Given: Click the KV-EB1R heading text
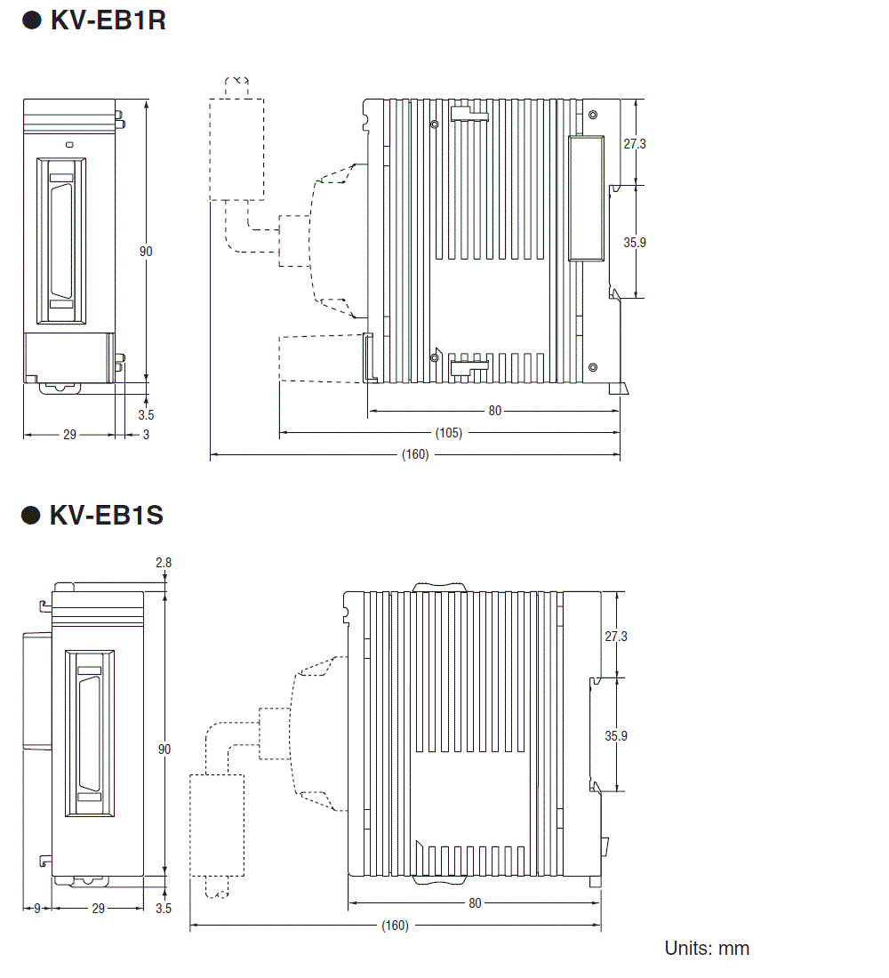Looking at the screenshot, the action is click(x=108, y=20).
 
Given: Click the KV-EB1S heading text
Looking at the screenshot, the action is click(x=106, y=515).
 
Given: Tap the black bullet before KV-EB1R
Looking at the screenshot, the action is click(x=31, y=20).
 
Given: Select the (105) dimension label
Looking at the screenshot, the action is click(x=449, y=433).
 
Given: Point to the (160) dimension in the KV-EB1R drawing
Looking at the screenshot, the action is click(x=415, y=454).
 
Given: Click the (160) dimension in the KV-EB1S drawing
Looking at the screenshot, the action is click(x=395, y=926).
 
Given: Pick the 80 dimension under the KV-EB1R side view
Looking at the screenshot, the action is click(x=494, y=411).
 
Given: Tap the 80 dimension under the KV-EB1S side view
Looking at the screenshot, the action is click(x=475, y=903).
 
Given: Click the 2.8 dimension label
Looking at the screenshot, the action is click(x=164, y=563).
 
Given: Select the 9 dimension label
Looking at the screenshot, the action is click(x=36, y=909).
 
